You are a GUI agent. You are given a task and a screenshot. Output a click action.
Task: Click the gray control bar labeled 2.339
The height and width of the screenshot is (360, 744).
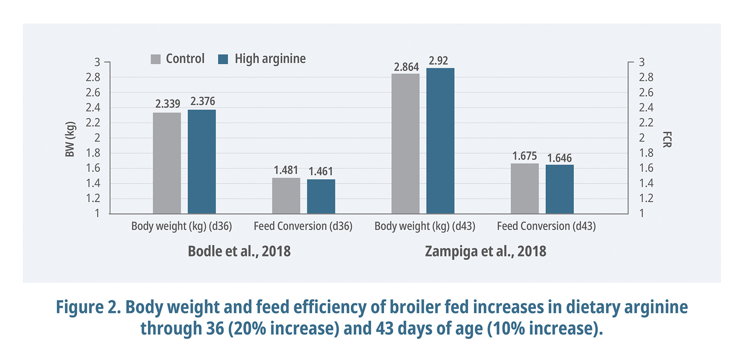pyautogui.click(x=167, y=163)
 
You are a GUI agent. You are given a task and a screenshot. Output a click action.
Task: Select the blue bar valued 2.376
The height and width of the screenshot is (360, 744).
pyautogui.click(x=202, y=162)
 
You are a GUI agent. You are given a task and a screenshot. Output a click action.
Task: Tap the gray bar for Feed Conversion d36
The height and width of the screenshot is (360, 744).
pyautogui.click(x=286, y=196)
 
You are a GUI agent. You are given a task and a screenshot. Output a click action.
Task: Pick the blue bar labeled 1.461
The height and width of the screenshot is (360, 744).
pyautogui.click(x=321, y=196)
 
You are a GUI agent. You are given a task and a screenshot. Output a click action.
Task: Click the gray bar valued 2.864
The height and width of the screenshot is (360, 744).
pyautogui.click(x=405, y=144)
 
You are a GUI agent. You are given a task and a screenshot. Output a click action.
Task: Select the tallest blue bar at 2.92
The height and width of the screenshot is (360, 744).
pyautogui.click(x=440, y=141)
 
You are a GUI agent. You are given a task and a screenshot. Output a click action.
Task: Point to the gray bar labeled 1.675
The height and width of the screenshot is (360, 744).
pyautogui.click(x=524, y=189)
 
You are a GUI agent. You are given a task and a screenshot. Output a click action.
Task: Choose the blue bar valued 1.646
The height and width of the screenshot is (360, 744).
pyautogui.click(x=559, y=189)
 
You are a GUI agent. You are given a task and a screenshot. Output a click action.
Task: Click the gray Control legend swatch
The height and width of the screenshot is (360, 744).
pyautogui.click(x=156, y=59)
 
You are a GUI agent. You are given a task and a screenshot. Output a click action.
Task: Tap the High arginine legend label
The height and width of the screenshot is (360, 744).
pyautogui.click(x=270, y=59)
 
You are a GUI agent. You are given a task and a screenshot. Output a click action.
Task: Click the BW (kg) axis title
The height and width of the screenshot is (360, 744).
pyautogui.click(x=70, y=139)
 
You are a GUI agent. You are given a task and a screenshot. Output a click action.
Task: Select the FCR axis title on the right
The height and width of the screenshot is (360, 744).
pyautogui.click(x=666, y=139)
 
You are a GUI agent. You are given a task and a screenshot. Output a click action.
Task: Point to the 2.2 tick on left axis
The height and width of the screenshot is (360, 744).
pyautogui.click(x=93, y=122)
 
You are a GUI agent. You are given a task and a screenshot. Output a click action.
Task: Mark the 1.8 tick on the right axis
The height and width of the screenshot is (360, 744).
pyautogui.click(x=646, y=153)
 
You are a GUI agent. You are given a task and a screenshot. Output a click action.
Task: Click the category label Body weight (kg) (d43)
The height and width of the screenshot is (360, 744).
pyautogui.click(x=425, y=226)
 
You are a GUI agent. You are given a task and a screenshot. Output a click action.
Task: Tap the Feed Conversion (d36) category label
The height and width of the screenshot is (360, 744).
pyautogui.click(x=303, y=226)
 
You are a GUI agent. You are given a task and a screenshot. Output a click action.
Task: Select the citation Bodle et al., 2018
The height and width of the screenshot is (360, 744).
pyautogui.click(x=239, y=251)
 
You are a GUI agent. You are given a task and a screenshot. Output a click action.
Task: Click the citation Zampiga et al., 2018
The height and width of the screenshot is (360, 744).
pyautogui.click(x=485, y=251)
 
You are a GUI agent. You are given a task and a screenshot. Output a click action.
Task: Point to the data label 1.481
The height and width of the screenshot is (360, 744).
pyautogui.click(x=286, y=170)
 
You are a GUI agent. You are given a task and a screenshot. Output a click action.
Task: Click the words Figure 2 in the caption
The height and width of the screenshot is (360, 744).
pyautogui.click(x=88, y=307)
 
